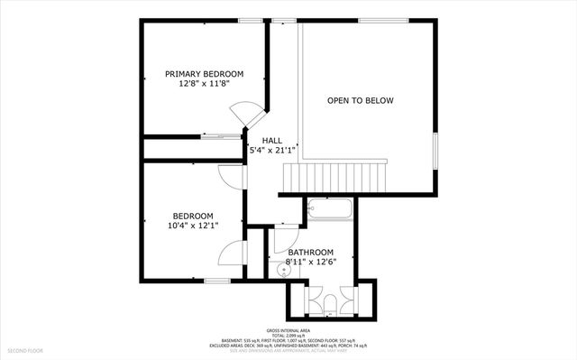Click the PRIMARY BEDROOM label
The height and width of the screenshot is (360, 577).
(204, 74)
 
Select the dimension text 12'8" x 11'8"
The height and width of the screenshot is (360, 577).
(204, 84)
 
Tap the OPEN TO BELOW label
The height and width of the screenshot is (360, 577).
(361, 100)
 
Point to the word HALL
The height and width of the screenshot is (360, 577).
(272, 142)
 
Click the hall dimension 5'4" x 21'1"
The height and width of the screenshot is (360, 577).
(272, 152)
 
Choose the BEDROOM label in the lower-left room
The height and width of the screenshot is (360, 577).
(193, 216)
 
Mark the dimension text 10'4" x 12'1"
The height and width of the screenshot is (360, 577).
(193, 226)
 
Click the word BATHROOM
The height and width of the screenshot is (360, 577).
(311, 253)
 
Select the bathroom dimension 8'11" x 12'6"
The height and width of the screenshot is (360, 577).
(311, 263)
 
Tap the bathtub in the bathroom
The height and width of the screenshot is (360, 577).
(330, 209)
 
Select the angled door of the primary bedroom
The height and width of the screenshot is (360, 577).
(246, 115)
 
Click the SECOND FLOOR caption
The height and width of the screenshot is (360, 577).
(25, 350)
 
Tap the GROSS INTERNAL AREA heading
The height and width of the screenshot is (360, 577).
(288, 331)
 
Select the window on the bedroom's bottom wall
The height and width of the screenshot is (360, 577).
(216, 281)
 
